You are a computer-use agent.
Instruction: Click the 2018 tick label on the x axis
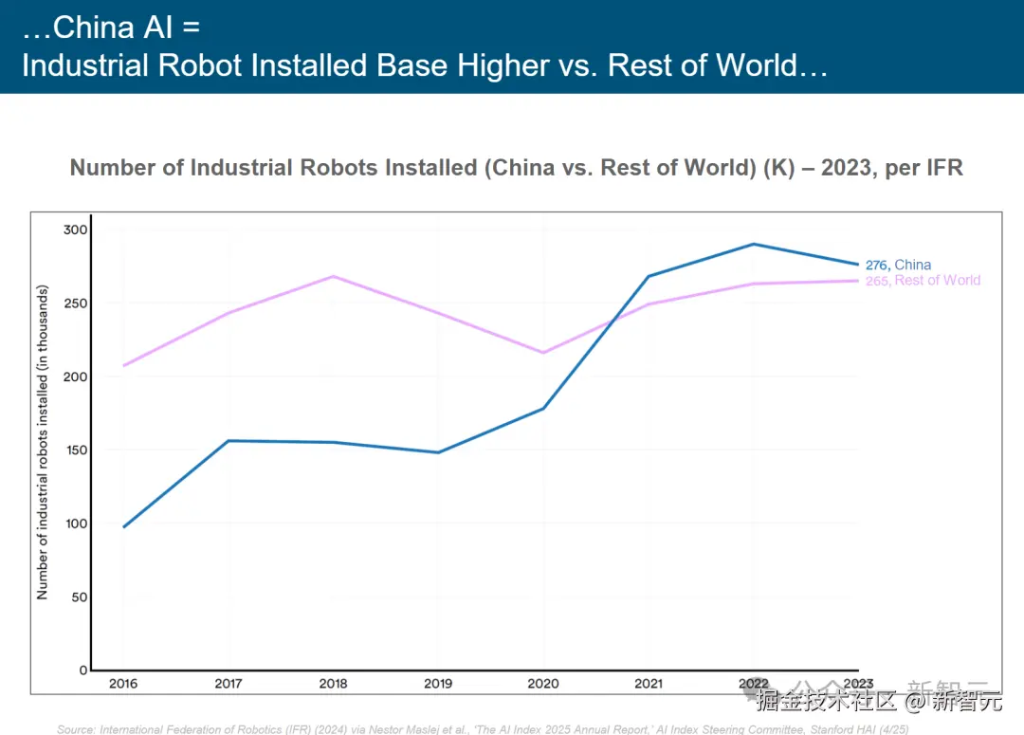[x=333, y=683]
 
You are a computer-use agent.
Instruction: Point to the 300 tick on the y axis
[x=75, y=230]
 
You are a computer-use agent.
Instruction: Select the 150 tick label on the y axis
[x=75, y=450]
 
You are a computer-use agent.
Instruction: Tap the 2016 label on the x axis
[x=122, y=683]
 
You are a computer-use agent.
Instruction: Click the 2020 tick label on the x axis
[x=543, y=683]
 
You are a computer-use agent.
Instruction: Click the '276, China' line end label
[x=898, y=265]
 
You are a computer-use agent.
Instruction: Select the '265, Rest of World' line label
[x=923, y=281]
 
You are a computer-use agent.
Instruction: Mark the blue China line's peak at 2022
[x=754, y=244]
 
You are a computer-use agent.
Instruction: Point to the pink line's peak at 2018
[x=333, y=276]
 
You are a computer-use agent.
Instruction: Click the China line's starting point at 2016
[x=123, y=526]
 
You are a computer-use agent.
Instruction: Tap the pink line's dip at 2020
[x=543, y=353]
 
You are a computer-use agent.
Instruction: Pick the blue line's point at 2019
[x=438, y=452]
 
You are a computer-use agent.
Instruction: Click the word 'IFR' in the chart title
[x=942, y=168]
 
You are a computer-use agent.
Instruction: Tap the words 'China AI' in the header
[x=113, y=27]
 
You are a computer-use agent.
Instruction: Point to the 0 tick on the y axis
[x=82, y=670]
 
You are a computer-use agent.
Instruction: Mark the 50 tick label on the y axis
[x=78, y=597]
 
